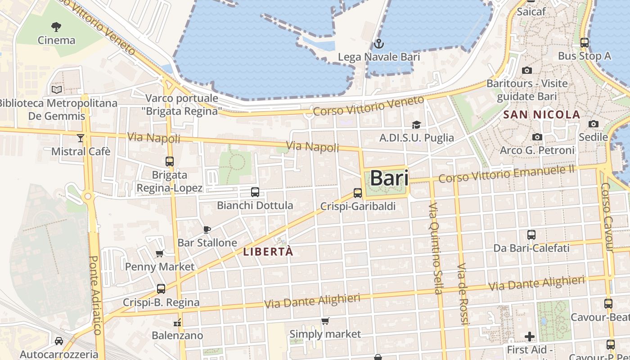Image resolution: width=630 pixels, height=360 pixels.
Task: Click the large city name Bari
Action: [389, 178]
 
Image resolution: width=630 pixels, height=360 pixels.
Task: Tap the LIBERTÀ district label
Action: [268, 252]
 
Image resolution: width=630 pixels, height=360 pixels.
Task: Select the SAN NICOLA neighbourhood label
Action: [542, 115]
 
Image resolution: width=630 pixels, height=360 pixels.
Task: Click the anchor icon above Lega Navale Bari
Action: [378, 44]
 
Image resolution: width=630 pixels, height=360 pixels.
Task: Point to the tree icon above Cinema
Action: [56, 27]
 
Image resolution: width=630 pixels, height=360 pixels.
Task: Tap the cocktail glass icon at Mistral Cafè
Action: [81, 138]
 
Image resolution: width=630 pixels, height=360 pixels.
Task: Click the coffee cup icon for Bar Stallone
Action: [207, 229]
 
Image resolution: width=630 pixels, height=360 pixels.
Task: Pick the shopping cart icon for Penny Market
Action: [160, 253]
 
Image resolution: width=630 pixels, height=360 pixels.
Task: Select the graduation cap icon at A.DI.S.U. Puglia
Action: [416, 125]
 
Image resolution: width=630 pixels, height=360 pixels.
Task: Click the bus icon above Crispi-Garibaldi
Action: [358, 193]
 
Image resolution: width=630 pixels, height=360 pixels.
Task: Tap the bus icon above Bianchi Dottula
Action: [255, 192]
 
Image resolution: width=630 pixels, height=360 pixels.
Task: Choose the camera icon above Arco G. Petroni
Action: [537, 137]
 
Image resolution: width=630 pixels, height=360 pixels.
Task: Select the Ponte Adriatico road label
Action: [96, 295]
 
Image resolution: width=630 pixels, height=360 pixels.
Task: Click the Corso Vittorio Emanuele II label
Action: [507, 175]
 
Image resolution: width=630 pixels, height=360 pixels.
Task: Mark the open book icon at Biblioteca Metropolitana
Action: [57, 90]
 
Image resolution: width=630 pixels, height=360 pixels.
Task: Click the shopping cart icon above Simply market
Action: [325, 321]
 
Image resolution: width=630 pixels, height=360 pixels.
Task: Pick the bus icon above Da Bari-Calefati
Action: [531, 234]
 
